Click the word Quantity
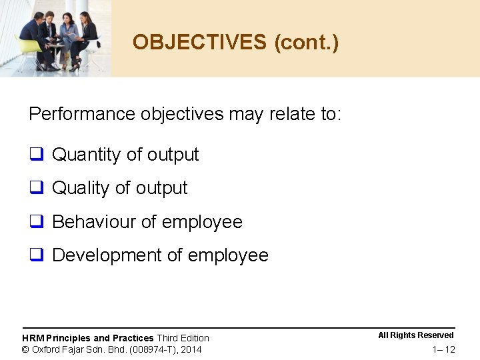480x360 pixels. point(86,155)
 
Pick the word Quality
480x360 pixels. point(80,188)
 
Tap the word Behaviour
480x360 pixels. point(94,221)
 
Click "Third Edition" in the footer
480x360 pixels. point(183,338)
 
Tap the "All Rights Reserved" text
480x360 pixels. point(416,335)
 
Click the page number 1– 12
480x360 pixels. point(443,350)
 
